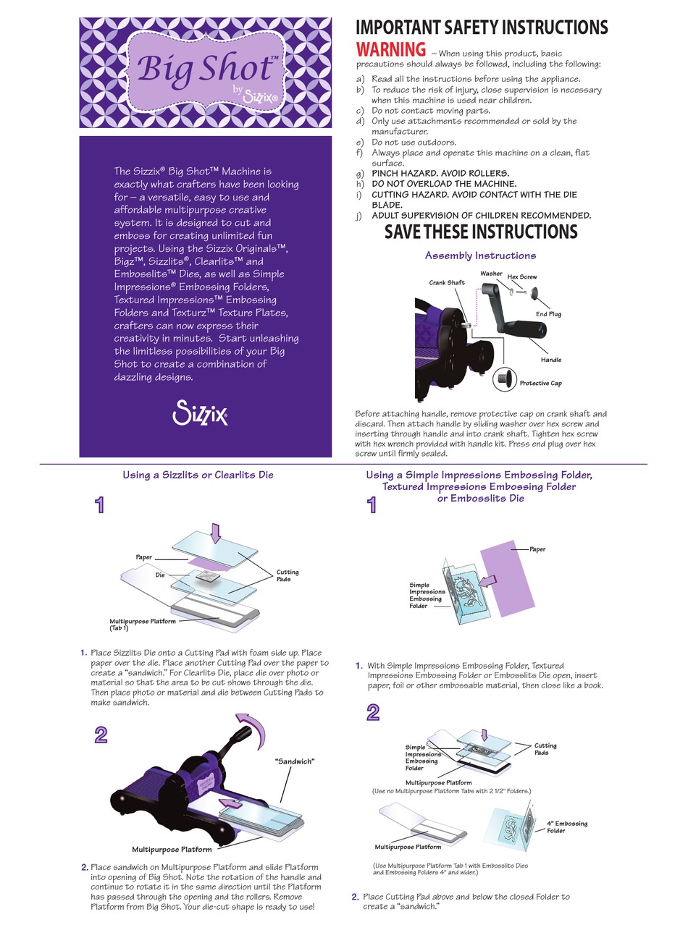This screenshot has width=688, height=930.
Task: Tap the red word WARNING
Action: pos(390,50)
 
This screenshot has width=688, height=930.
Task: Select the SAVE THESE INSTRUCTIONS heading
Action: pos(481,232)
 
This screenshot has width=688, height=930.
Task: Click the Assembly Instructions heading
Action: pos(480,255)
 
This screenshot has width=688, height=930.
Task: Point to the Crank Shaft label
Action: pos(447,282)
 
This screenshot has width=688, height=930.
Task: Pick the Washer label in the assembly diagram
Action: pos(491,274)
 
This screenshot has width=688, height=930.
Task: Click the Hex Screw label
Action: pos(522,276)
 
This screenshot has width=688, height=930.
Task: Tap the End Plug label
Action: pos(548,314)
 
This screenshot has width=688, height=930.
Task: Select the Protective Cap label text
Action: pos(540,383)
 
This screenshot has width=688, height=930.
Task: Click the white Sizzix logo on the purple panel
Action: pos(201,413)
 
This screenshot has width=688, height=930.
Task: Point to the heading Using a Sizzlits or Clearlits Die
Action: pos(198,475)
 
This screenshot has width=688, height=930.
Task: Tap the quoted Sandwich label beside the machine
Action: pos(295,761)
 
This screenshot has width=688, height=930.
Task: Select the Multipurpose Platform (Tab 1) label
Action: pos(142,625)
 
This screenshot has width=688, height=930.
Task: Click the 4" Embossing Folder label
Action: pos(566,827)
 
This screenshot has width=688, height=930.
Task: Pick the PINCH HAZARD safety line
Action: pos(440,174)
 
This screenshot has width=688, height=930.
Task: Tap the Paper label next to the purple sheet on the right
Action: pos(537,549)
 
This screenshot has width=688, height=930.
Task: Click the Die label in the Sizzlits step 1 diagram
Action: pos(160,575)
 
